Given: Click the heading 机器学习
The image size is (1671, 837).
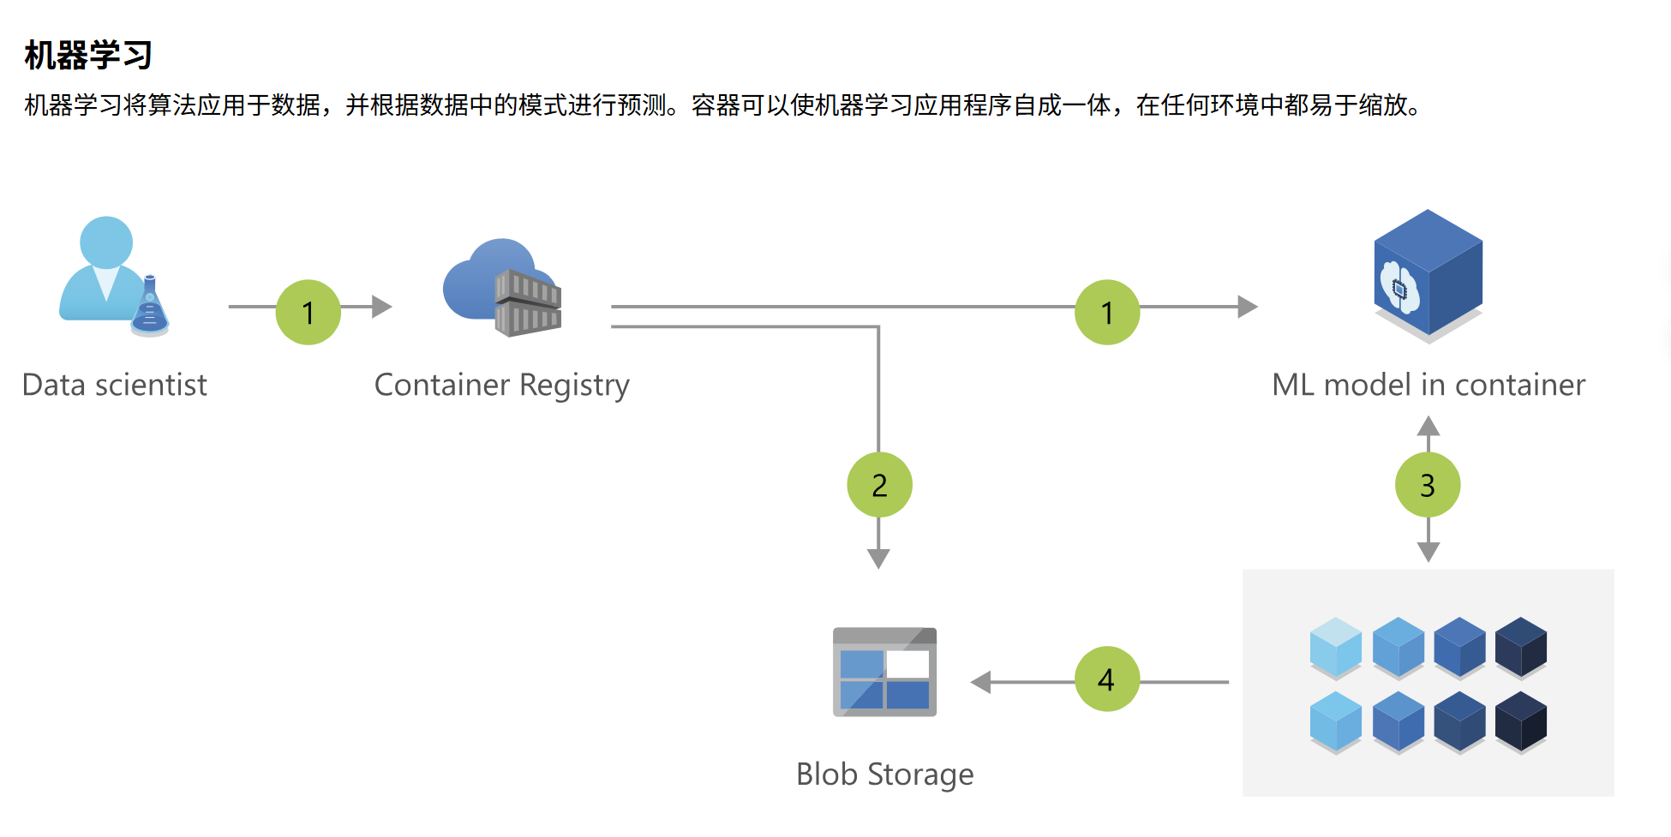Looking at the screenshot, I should click(88, 56).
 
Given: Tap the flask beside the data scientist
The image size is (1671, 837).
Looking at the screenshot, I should click(151, 308).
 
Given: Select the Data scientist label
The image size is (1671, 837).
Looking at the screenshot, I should click(114, 386).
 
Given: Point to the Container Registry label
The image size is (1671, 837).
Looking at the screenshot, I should click(501, 386).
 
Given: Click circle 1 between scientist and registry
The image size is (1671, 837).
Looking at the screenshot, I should click(308, 313).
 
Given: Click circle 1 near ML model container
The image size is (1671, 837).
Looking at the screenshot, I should click(1107, 313).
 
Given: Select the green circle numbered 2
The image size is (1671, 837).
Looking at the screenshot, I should click(879, 485).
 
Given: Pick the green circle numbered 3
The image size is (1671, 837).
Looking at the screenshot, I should click(1428, 485).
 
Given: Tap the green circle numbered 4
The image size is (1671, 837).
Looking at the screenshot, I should click(1107, 679).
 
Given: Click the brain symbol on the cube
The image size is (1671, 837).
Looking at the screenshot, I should click(1399, 288).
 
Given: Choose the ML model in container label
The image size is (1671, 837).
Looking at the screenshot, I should click(1428, 386).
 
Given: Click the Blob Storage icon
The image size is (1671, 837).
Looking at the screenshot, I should click(884, 673).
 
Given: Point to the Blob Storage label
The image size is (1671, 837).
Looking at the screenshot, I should click(884, 774).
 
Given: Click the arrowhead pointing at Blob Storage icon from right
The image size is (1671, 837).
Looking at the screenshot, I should click(981, 682).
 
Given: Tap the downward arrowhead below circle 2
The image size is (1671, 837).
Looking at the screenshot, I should click(878, 559).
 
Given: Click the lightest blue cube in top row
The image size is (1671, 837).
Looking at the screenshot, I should click(1336, 647).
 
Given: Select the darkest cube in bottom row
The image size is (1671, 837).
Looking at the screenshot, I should click(1521, 721).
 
